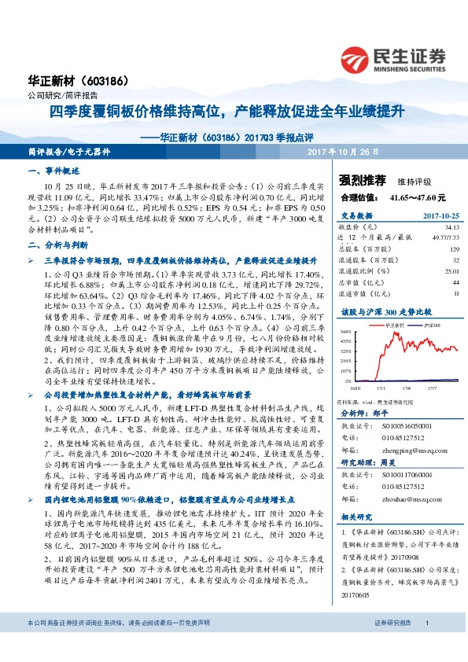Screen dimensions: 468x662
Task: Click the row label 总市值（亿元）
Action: [363, 281]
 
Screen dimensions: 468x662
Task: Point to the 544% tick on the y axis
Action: [346, 330]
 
